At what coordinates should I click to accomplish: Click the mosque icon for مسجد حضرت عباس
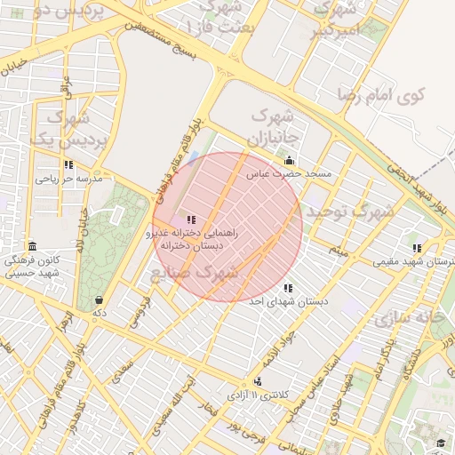[289, 161]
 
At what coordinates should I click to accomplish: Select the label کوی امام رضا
[382, 93]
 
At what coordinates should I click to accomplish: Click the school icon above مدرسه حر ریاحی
[68, 164]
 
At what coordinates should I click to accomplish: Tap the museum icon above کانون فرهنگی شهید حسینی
[32, 246]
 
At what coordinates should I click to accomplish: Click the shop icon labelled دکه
[98, 299]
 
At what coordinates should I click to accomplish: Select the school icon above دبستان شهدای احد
[287, 288]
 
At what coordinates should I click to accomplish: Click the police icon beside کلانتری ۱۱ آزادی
[258, 381]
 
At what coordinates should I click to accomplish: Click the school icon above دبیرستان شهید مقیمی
[417, 248]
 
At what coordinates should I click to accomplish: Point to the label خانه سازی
[410, 316]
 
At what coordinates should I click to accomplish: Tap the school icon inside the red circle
[191, 220]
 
